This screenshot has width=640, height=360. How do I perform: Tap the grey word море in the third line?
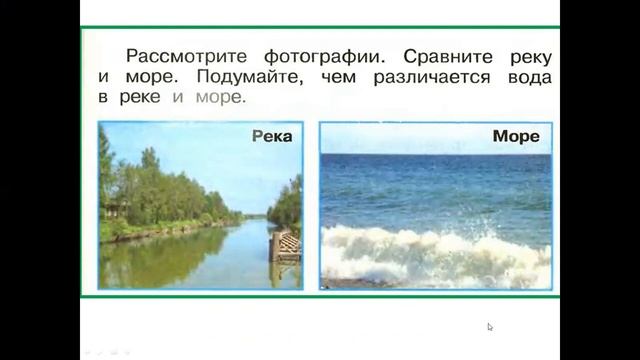click(219, 98)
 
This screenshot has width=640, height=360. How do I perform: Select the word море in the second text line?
click(148, 76)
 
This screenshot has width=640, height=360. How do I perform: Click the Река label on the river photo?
click(271, 136)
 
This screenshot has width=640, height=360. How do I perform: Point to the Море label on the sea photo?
click(516, 135)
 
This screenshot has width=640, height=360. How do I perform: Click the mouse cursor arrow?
click(489, 326)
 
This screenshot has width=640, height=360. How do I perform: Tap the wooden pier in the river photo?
click(286, 244)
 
